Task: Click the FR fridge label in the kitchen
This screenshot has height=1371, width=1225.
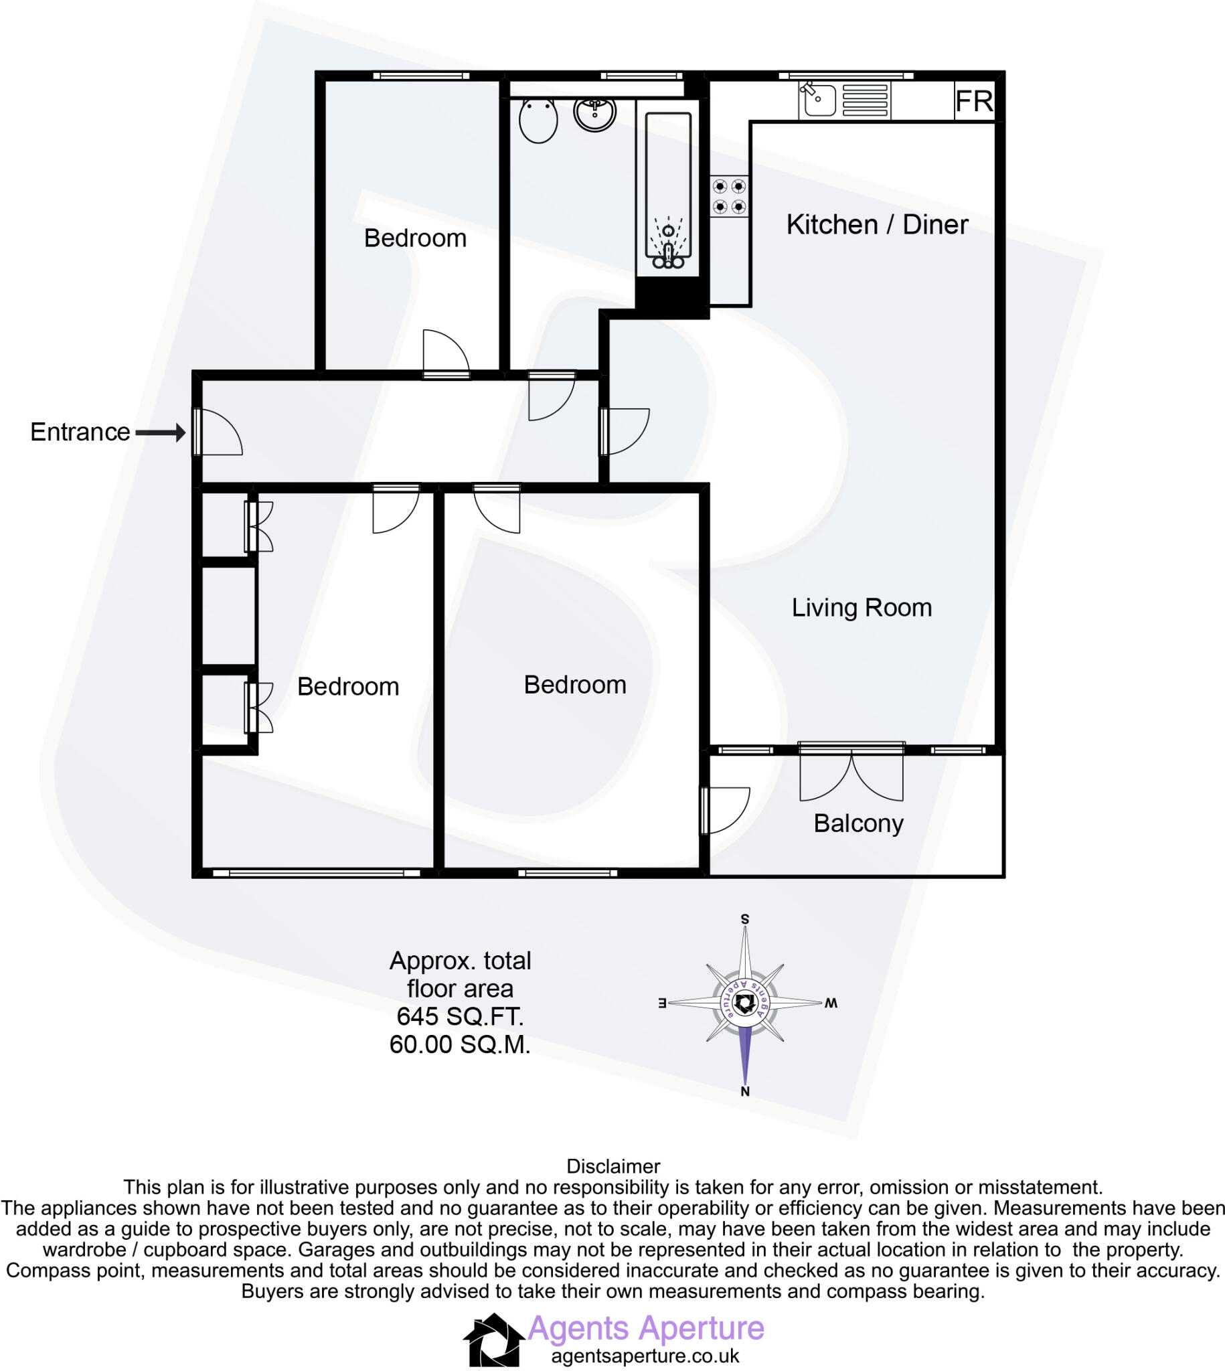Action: coord(973,102)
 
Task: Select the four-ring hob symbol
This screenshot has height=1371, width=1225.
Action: coord(730,196)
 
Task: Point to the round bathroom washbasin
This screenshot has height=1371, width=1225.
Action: coord(595,113)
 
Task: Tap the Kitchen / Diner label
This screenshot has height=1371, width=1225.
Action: coord(877,225)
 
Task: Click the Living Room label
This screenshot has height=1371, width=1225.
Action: coord(862,608)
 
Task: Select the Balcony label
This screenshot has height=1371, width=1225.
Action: coord(858,823)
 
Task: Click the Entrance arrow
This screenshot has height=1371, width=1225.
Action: coord(161,432)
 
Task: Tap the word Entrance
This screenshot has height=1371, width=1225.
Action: coord(80,432)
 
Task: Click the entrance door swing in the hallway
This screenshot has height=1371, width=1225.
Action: coord(219,432)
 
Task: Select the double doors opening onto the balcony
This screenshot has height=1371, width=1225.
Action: coord(851,776)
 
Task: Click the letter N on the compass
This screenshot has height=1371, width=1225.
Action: coord(745,1092)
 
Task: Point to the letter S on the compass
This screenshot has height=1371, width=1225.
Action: coord(745,919)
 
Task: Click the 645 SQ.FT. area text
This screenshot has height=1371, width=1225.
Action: coord(461,1016)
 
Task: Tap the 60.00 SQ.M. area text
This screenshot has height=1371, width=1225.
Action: coord(461,1044)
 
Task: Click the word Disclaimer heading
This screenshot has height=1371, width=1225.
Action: coord(613,1166)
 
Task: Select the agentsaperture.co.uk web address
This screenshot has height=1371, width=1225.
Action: coord(645,1356)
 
